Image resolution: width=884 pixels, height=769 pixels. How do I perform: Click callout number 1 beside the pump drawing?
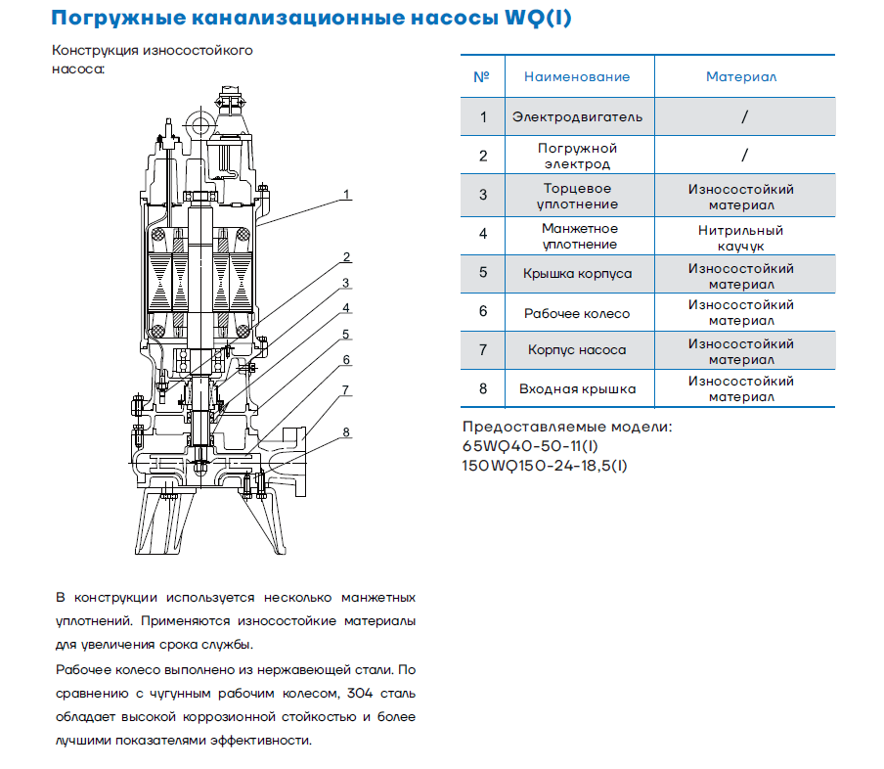(346, 195)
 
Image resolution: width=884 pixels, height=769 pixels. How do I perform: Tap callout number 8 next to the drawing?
(346, 432)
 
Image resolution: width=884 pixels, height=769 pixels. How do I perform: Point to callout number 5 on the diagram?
(346, 335)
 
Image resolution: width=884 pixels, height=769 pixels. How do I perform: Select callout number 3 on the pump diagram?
(345, 283)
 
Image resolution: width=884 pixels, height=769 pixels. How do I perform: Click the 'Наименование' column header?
(577, 76)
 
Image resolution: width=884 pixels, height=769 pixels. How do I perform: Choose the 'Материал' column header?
(741, 76)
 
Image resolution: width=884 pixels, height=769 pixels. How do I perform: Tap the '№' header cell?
(481, 76)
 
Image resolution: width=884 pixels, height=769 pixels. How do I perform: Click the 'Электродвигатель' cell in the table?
(577, 117)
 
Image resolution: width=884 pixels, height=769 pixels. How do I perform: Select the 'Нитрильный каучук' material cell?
(741, 238)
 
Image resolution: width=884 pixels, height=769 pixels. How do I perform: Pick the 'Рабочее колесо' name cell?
(577, 314)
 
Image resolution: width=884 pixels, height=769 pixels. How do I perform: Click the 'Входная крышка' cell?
(577, 389)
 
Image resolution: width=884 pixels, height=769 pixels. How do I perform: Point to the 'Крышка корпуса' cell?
(577, 274)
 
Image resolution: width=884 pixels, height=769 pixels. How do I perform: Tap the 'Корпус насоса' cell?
(577, 350)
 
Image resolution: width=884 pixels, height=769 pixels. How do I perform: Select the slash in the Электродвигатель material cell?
(745, 116)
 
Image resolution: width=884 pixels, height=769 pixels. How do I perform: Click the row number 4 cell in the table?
(483, 234)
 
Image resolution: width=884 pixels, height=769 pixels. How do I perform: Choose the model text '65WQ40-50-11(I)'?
(530, 446)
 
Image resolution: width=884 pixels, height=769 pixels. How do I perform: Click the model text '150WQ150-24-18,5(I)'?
(545, 466)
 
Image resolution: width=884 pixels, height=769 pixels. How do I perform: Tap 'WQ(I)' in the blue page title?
(539, 18)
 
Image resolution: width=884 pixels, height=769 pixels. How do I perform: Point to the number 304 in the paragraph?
(360, 694)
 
